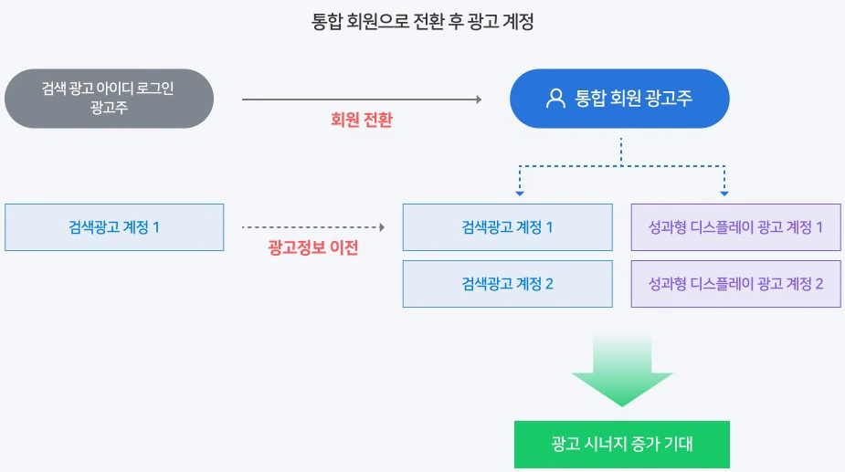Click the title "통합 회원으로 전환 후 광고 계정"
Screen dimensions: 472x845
(x=422, y=22)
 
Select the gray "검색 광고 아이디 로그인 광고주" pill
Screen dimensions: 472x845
(x=109, y=98)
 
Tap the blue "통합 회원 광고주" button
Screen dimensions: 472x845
(x=619, y=98)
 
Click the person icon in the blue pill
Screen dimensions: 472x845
(x=555, y=99)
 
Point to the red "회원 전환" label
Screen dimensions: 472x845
(x=361, y=120)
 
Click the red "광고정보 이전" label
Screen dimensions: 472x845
(x=312, y=247)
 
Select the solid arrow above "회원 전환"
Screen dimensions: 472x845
(x=361, y=99)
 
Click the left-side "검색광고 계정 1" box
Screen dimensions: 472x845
(x=114, y=227)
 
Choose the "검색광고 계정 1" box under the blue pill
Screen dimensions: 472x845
(x=507, y=227)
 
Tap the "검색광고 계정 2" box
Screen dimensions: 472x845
(x=507, y=284)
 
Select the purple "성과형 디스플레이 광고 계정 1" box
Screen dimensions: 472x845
(x=735, y=227)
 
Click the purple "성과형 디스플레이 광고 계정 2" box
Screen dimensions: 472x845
(x=735, y=284)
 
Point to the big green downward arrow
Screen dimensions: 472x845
(x=622, y=370)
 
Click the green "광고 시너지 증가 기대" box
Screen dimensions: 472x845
(x=622, y=445)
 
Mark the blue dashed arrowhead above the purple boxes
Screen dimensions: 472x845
(x=724, y=193)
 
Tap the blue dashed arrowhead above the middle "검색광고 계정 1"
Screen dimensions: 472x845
(x=519, y=193)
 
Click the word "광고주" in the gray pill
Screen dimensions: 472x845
(x=109, y=108)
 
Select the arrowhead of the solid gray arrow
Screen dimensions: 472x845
(x=477, y=99)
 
